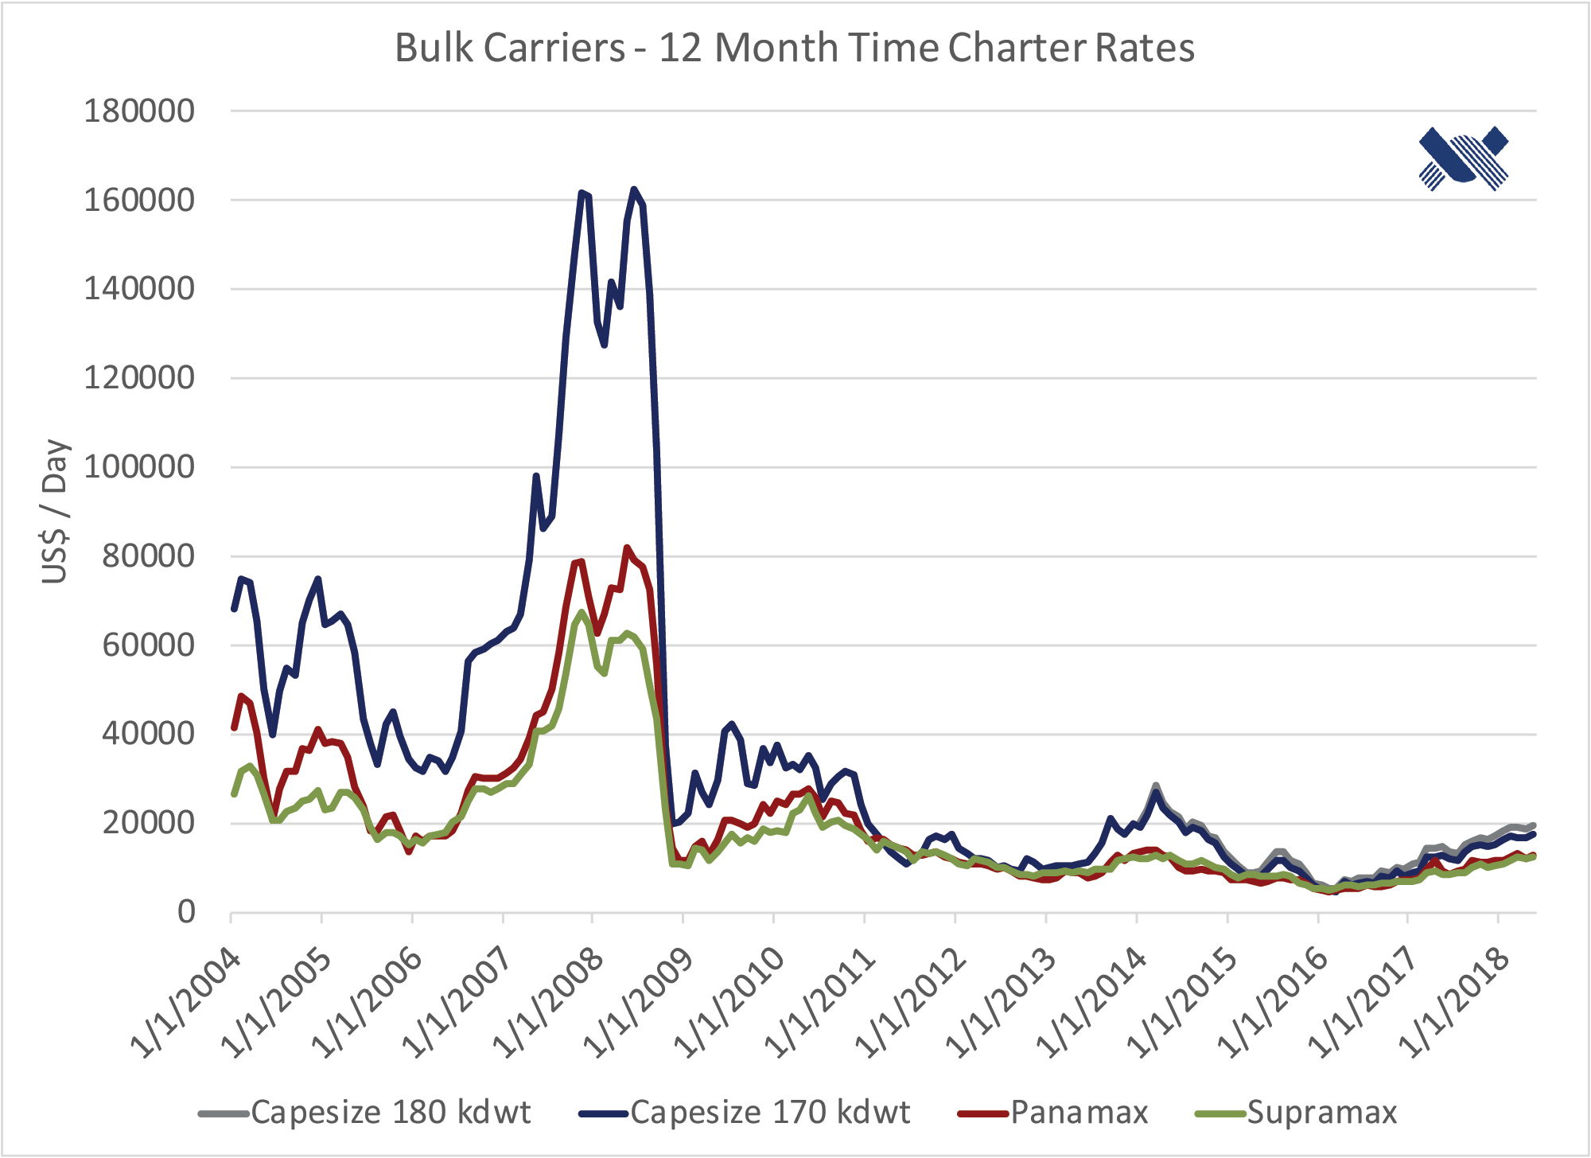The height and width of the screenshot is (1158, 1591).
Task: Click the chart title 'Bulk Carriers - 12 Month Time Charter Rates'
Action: tap(795, 48)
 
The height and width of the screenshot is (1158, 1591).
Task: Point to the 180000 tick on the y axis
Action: tap(139, 111)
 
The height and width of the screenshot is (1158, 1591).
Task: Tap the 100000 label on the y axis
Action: tap(139, 467)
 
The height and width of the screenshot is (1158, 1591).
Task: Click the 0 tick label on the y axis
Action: tap(186, 912)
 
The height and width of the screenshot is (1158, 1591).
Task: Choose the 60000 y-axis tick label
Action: tap(148, 645)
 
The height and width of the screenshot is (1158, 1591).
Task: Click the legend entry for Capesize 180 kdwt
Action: tap(366, 1113)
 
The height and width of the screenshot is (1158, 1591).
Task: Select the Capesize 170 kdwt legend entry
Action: tap(745, 1113)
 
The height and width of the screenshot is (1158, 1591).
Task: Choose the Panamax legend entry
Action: tap(1054, 1113)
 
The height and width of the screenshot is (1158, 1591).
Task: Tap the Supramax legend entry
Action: tap(1297, 1113)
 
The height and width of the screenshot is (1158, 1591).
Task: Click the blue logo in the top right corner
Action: tap(1464, 158)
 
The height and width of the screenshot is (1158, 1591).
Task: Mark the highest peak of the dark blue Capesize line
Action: tap(633, 189)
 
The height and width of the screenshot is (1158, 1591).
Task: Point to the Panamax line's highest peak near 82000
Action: tap(627, 548)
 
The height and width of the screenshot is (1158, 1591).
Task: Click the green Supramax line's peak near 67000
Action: tap(582, 612)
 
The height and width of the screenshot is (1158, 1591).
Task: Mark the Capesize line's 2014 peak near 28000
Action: tap(1155, 786)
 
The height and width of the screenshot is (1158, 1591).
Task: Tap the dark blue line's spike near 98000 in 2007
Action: tap(536, 476)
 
